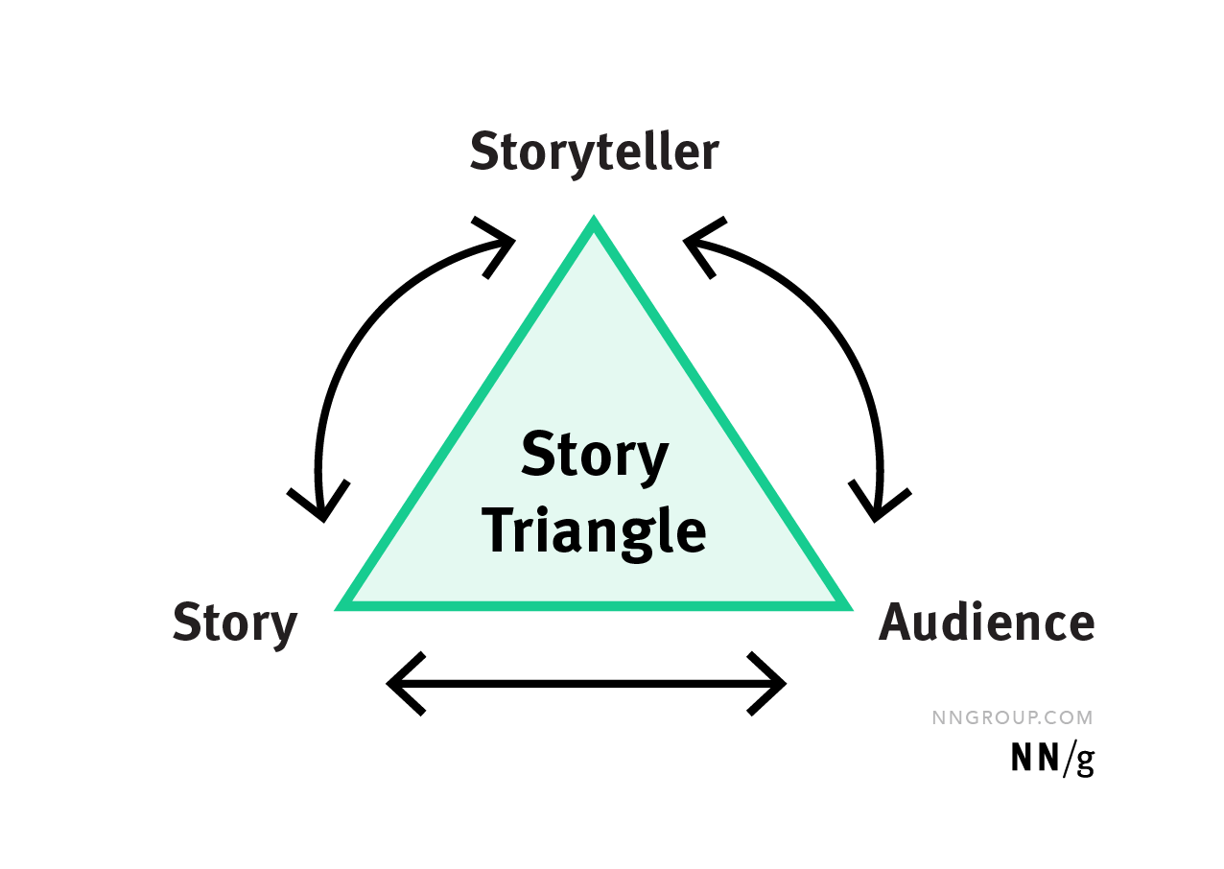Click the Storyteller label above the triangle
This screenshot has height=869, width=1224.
click(x=594, y=153)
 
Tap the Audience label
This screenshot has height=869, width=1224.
click(x=986, y=623)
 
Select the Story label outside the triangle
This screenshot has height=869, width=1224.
click(x=235, y=623)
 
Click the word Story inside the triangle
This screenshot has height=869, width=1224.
click(x=595, y=455)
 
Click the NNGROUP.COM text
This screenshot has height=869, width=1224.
click(x=1012, y=717)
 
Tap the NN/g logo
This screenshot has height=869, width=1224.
click(x=1052, y=759)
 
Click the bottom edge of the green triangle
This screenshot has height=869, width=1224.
click(x=594, y=604)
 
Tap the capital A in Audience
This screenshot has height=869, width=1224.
click(x=895, y=623)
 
